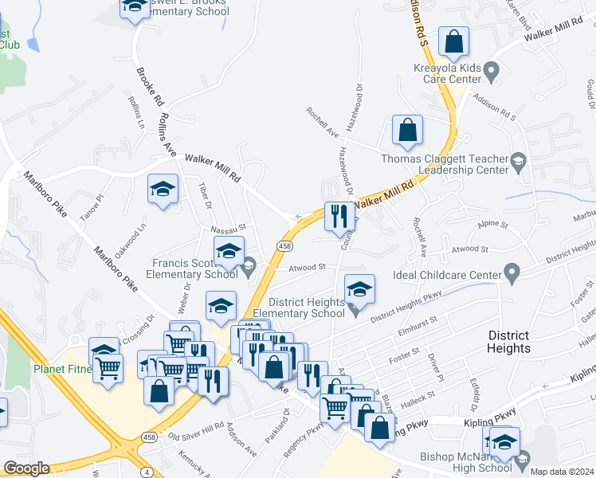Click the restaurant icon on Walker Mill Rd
[x=339, y=216]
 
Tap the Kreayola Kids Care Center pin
[x=492, y=74]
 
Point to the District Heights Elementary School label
[x=307, y=308]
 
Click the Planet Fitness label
[x=63, y=369]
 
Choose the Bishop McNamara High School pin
[x=523, y=460]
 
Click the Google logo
[x=26, y=468]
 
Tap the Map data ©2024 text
[x=562, y=471]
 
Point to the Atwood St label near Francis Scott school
[x=308, y=268]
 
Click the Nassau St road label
[x=229, y=227]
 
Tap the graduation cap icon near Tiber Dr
[x=163, y=190]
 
